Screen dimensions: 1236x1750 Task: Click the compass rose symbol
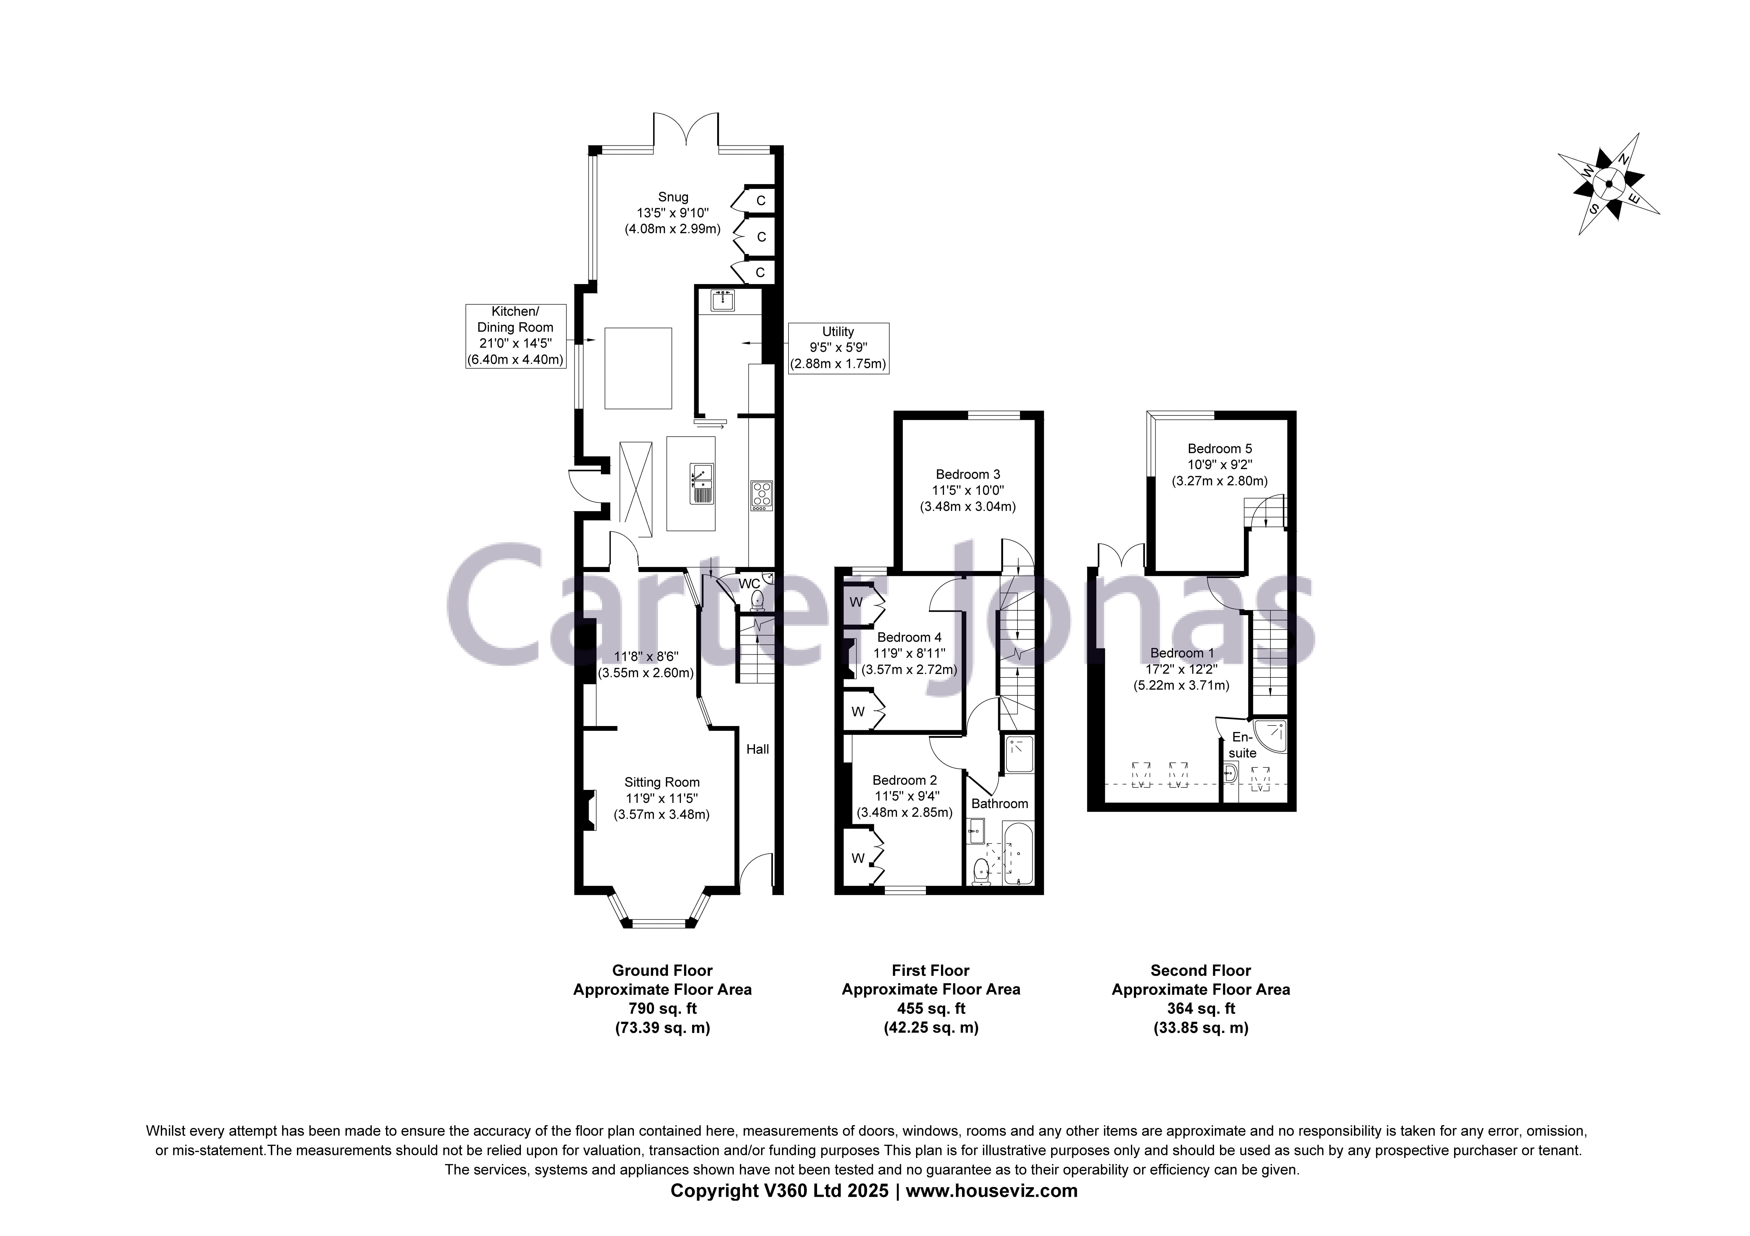point(1608,184)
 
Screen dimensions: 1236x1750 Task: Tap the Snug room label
point(673,197)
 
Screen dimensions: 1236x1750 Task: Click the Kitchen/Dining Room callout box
point(515,336)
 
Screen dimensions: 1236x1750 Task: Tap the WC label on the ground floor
point(749,584)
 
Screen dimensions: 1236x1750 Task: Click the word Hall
point(757,749)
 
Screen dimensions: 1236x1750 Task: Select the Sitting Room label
point(662,782)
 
